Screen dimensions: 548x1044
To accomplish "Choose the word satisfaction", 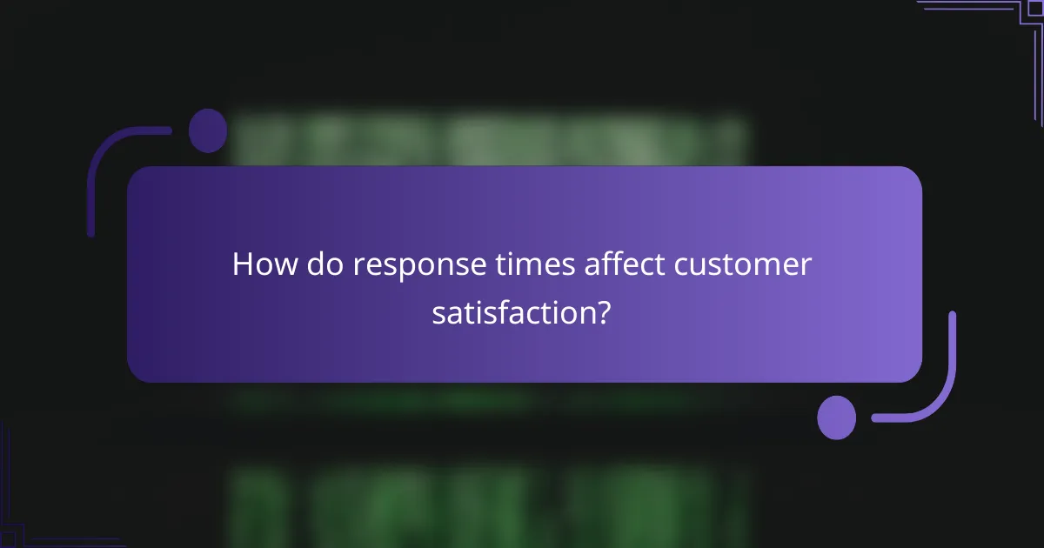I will (512, 312).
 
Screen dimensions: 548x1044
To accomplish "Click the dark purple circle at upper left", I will (208, 130).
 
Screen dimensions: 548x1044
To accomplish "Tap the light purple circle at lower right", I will (837, 417).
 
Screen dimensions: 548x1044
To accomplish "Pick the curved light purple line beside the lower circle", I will (940, 391).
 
